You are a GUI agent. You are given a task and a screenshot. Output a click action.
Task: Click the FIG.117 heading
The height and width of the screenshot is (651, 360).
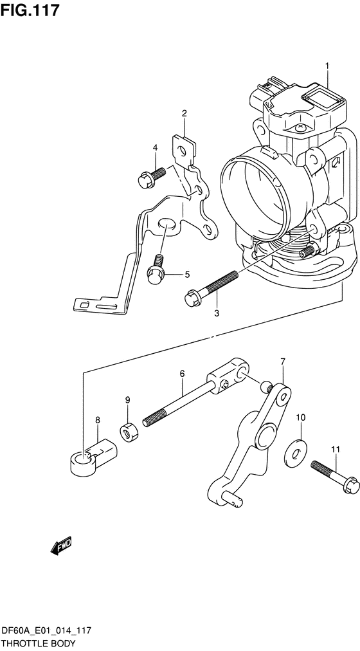pyautogui.click(x=30, y=10)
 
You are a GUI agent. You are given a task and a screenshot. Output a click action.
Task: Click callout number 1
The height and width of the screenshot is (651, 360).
pyautogui.click(x=327, y=66)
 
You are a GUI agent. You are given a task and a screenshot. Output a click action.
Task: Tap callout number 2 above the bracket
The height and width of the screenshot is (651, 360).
pyautogui.click(x=184, y=113)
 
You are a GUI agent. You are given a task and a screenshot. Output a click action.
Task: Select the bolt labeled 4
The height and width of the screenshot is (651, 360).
pyautogui.click(x=151, y=176)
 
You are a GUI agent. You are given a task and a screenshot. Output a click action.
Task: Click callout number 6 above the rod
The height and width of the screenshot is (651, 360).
pyautogui.click(x=182, y=374)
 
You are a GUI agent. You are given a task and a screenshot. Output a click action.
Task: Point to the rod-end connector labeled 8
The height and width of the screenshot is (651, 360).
pyautogui.click(x=93, y=457)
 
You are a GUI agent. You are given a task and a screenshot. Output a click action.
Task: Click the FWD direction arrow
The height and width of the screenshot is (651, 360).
pyautogui.click(x=61, y=546)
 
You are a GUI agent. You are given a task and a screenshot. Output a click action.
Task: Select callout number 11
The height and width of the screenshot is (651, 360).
pyautogui.click(x=336, y=449)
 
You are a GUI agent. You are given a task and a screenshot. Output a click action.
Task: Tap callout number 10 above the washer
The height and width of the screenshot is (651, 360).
pyautogui.click(x=301, y=417)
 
